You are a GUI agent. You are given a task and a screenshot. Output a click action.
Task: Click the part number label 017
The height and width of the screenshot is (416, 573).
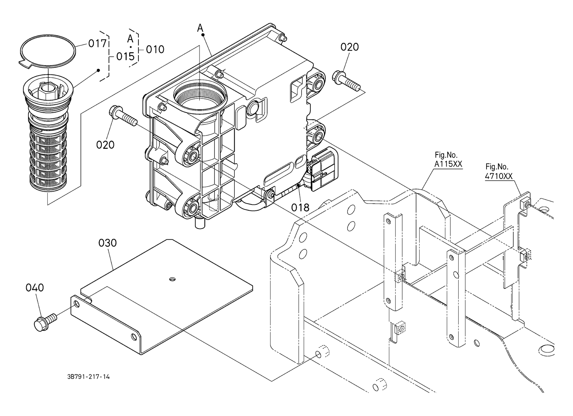97,44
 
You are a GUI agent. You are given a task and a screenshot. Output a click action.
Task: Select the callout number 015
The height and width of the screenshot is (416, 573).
125,56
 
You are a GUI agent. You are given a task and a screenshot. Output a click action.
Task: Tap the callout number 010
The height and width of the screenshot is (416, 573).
155,49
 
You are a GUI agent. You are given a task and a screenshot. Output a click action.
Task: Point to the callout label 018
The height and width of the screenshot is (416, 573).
300,207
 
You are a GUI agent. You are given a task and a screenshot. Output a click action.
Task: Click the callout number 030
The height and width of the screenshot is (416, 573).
108,243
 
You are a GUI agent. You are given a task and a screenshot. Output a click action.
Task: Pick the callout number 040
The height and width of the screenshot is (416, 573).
34,288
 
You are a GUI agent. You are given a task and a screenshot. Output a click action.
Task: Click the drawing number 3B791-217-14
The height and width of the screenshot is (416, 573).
89,377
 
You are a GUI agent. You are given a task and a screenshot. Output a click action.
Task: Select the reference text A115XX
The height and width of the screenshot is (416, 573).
448,164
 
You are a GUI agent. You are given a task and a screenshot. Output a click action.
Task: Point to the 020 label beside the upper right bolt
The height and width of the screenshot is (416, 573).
349,47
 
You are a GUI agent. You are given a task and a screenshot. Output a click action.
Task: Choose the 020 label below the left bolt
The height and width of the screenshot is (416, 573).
105,145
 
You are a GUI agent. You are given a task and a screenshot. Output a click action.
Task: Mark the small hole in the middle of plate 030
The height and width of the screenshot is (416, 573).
173,278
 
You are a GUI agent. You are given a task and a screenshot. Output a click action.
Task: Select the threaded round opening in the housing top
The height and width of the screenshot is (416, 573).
200,95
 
